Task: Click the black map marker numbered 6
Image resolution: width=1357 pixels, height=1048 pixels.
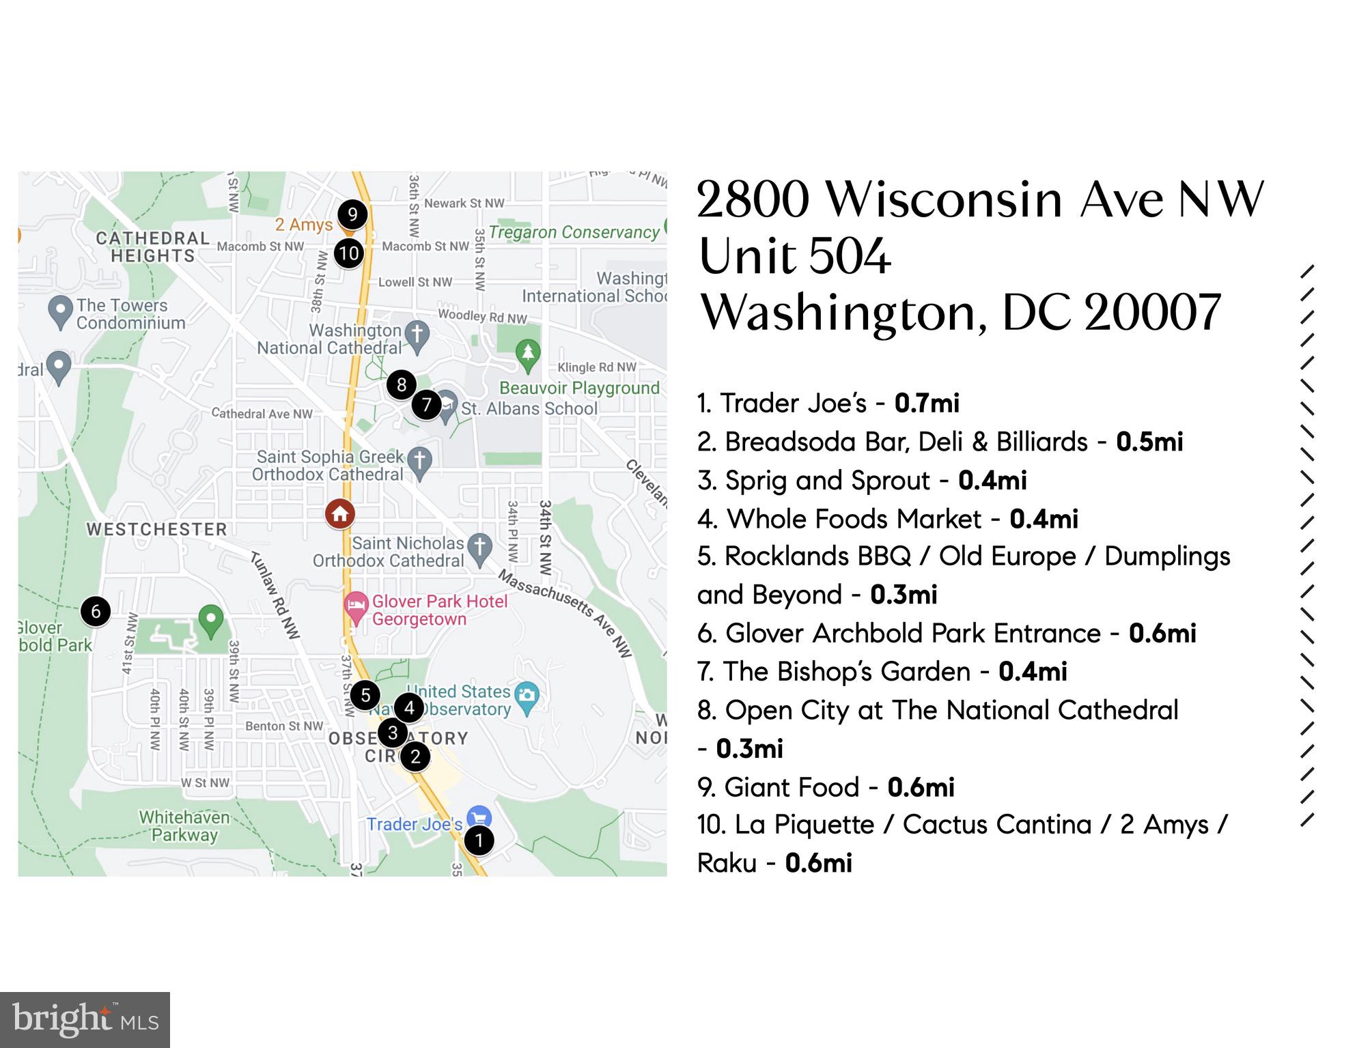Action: point(96,611)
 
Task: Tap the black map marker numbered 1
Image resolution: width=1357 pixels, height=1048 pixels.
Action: point(479,840)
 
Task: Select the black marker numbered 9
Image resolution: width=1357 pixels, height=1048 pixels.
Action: point(352,214)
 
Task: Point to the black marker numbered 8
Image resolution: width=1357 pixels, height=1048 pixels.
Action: point(402,385)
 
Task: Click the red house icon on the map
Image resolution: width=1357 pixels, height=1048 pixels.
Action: point(340,514)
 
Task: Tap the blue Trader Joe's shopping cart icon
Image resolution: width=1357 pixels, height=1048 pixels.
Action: point(479,817)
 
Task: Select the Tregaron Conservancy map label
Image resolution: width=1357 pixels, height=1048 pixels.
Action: point(574,232)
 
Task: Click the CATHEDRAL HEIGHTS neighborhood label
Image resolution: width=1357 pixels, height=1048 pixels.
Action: point(153,247)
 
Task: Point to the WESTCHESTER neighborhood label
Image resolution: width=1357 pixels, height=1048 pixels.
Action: point(156,529)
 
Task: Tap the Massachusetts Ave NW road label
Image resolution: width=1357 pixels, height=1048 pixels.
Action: point(565,612)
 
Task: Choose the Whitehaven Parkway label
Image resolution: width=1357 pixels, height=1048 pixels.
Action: point(184,826)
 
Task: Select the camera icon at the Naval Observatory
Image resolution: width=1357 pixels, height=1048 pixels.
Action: point(527,696)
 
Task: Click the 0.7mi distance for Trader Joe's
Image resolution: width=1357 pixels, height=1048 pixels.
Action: point(927,403)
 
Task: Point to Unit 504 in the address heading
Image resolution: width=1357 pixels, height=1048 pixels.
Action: point(795,257)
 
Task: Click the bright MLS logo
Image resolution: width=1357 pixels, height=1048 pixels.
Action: point(85,1020)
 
